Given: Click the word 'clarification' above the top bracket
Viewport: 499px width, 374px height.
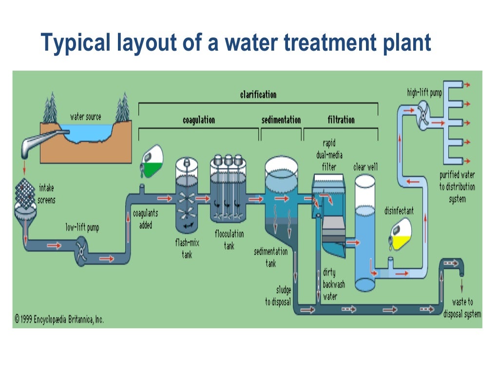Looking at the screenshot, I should (258, 94).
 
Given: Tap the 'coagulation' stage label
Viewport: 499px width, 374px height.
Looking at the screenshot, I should (198, 120).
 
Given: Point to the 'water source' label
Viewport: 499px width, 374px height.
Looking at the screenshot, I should (86, 117).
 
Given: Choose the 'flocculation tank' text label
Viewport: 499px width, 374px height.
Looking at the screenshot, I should (230, 240).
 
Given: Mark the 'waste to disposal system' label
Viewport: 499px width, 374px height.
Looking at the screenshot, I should (462, 308).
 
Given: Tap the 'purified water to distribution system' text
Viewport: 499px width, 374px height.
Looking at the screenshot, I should (457, 187).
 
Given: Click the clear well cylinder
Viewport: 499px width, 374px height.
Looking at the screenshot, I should (365, 229).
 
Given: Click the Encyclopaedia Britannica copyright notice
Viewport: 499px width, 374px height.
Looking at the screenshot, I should (59, 319).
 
